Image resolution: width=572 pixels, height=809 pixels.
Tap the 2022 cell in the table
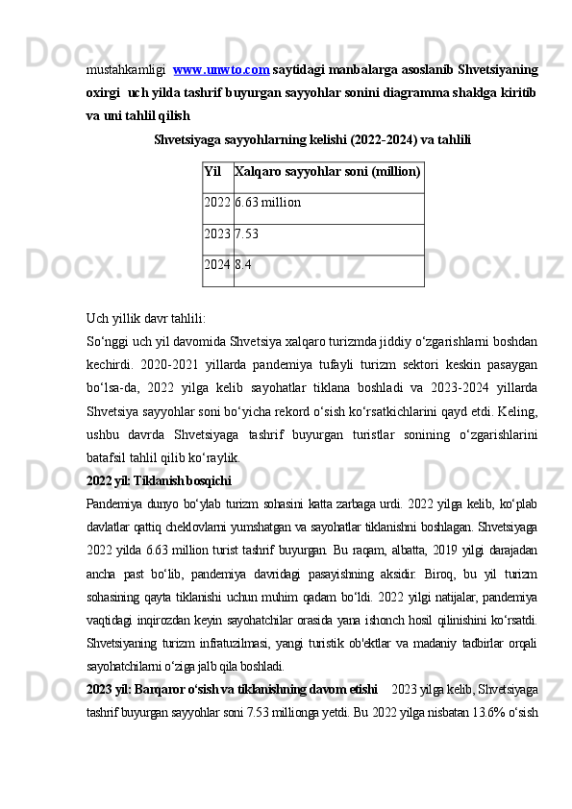(x=217, y=203)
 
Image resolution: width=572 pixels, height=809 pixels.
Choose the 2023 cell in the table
(x=217, y=233)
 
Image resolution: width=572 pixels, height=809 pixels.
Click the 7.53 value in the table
(x=247, y=233)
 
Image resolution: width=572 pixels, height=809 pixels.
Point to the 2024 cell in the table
(x=217, y=264)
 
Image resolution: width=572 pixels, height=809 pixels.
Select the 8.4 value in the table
(x=243, y=264)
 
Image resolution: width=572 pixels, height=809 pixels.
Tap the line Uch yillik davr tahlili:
(x=145, y=319)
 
